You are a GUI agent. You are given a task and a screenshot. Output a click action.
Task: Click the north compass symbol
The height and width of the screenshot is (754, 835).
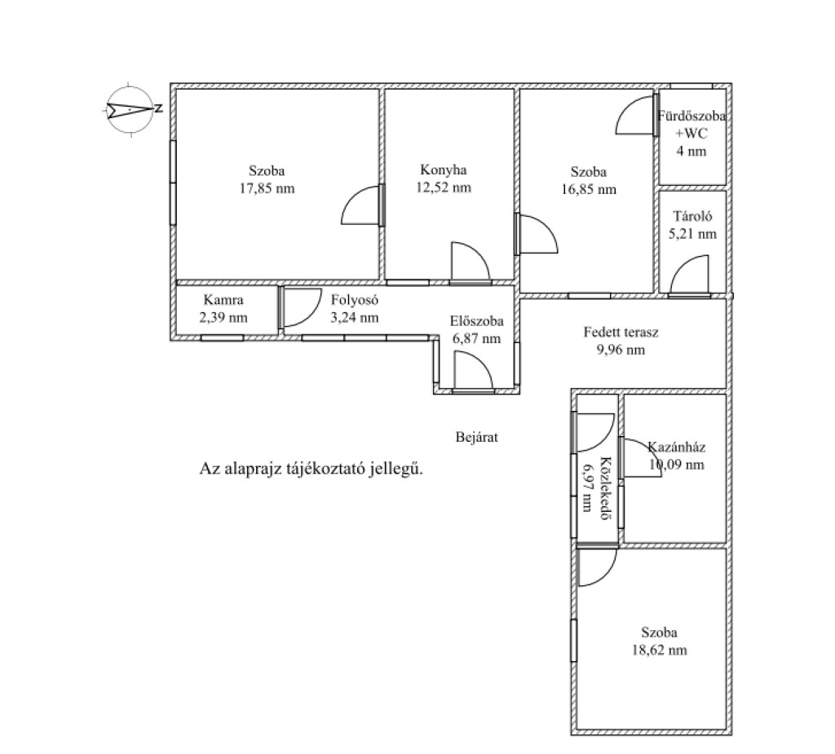click(131, 109)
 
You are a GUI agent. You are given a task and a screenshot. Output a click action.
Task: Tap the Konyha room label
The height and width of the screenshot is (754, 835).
click(443, 170)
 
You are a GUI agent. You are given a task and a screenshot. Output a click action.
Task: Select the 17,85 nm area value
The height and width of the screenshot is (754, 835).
click(267, 188)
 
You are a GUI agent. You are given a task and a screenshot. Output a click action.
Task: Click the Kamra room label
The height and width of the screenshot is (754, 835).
click(223, 300)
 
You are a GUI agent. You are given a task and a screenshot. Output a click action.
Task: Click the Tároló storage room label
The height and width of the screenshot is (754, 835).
click(692, 216)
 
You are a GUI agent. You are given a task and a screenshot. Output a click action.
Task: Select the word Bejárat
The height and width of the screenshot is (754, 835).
click(476, 437)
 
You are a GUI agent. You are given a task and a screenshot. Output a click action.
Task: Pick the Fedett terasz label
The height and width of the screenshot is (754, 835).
click(621, 333)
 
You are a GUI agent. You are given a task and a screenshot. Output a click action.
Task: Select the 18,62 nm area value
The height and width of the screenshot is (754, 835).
click(659, 650)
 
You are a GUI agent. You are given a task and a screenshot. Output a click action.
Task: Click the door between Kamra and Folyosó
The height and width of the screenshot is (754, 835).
click(301, 307)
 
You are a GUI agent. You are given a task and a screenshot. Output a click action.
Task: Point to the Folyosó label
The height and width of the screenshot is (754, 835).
click(355, 300)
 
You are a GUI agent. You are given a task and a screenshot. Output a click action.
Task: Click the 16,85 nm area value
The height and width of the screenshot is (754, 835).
click(589, 190)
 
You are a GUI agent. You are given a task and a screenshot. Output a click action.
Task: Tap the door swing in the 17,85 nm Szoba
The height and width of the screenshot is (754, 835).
click(361, 205)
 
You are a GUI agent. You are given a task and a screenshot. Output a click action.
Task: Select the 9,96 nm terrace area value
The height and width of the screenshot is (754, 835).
click(621, 350)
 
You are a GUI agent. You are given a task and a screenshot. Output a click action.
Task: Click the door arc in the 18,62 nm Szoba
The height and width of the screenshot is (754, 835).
click(597, 567)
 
